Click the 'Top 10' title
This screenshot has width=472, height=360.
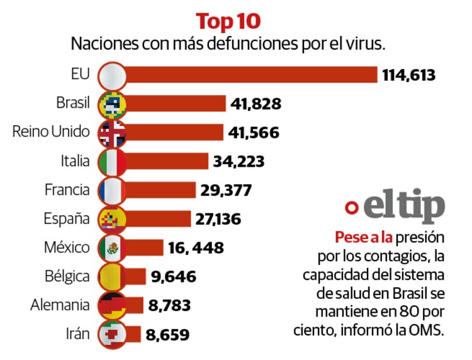(228, 21)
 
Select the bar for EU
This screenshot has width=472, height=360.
(252, 76)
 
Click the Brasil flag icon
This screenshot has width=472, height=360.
(113, 104)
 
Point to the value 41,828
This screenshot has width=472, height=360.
(256, 104)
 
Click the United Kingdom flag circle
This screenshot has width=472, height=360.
(113, 132)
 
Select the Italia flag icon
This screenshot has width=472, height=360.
(113, 161)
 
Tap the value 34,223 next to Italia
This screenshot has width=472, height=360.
(239, 161)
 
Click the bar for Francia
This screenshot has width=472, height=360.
(161, 189)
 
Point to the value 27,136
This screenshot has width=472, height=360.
(221, 218)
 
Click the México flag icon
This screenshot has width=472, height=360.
(113, 247)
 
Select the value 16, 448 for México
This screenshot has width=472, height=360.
(196, 247)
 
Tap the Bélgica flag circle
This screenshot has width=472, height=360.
(113, 276)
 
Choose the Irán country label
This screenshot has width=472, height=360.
(78, 333)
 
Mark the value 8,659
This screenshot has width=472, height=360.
(167, 334)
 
